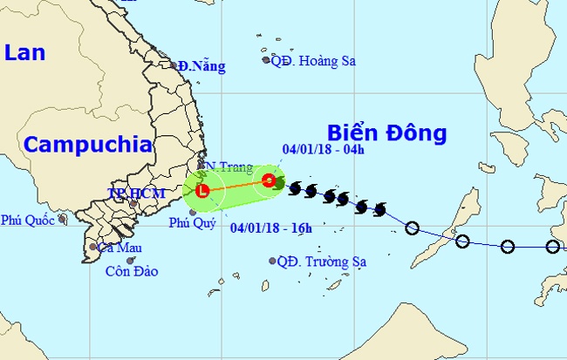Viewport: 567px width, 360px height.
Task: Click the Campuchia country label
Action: point(87,145)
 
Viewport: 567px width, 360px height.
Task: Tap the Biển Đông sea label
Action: point(386,132)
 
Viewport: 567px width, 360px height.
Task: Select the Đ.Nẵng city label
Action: point(202,66)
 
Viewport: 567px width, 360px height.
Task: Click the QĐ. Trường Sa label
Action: point(318,261)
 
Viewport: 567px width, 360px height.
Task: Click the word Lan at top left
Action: point(24,52)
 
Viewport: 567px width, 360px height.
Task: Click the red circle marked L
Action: point(202,190)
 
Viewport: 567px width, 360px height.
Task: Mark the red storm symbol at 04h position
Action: point(269,181)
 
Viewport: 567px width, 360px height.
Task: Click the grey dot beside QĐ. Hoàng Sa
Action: point(266,60)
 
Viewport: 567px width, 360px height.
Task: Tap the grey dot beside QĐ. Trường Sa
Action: point(272,261)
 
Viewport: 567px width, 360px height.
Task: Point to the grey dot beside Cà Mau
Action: point(93,248)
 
